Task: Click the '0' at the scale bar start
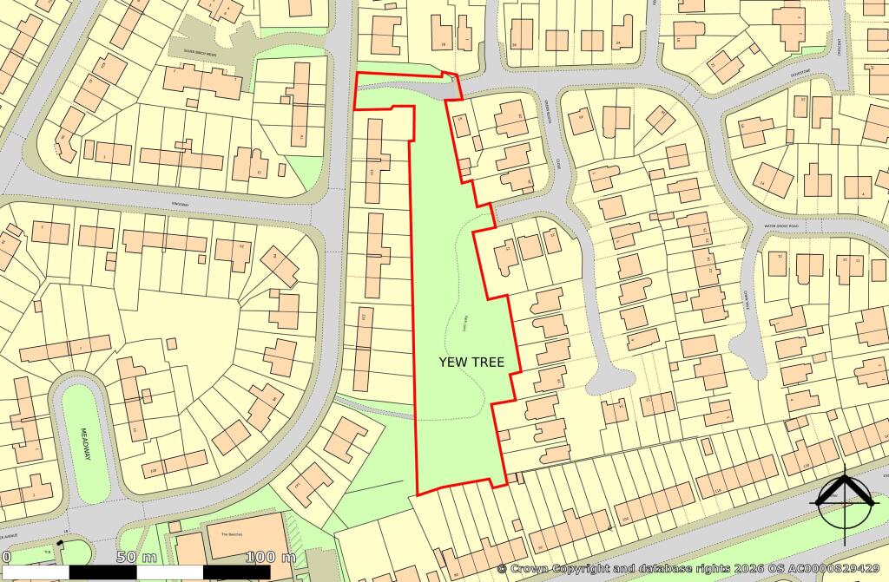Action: click(x=5, y=556)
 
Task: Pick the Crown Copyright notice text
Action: click(x=690, y=568)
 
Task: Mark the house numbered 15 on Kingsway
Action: click(x=260, y=173)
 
